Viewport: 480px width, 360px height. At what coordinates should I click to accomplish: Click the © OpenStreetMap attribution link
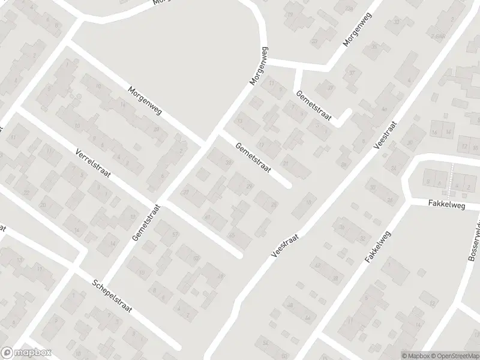(457, 355)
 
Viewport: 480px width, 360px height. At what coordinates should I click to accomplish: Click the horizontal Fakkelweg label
(443, 204)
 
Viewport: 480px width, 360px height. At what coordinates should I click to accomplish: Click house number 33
(397, 22)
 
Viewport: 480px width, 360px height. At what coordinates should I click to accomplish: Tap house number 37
(352, 73)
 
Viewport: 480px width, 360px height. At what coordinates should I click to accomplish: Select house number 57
(175, 233)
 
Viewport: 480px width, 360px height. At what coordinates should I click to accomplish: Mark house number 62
(196, 257)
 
